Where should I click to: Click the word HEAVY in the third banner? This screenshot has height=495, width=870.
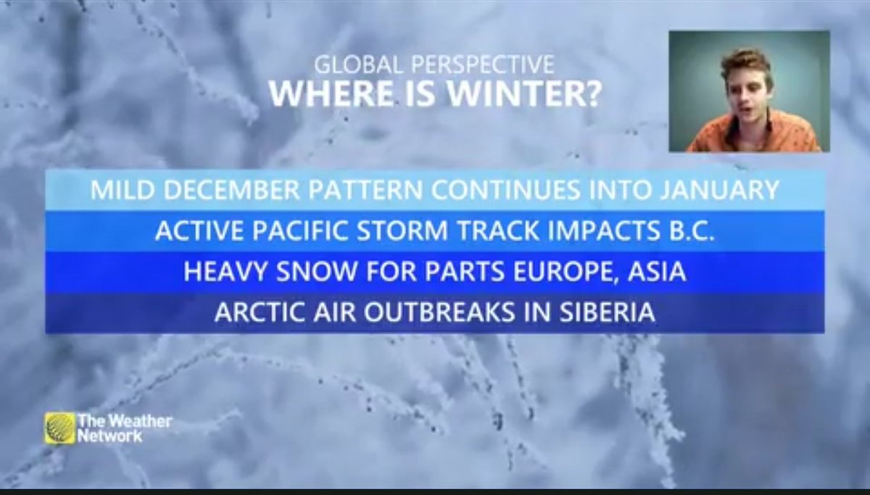[217, 273]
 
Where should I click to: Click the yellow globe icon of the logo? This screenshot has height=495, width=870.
[59, 428]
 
